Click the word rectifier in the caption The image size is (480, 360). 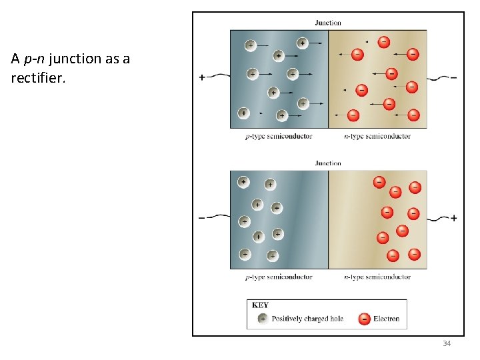point(38,77)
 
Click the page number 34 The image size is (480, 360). point(447,343)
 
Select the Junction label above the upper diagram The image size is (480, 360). point(328,23)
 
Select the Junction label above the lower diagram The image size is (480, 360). point(328,163)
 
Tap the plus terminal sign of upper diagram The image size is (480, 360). point(202,77)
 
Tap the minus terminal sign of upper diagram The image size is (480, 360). point(454,78)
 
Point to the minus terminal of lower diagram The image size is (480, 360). point(202,218)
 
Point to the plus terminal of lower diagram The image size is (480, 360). point(454,218)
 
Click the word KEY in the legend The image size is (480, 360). point(260,305)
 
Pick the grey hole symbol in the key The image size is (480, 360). point(263,319)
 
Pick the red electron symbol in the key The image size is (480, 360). point(364,319)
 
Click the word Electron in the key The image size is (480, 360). point(386,319)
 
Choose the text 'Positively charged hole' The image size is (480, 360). point(307,319)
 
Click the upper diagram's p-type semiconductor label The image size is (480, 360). point(279,136)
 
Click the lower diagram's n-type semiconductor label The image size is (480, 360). point(377,277)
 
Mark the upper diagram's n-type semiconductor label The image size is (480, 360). point(377,136)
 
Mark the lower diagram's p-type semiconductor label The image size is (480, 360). point(279,277)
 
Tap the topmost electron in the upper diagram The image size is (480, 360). point(384,42)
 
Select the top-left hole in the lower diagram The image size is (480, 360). point(243,182)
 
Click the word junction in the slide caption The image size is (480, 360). point(75,59)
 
